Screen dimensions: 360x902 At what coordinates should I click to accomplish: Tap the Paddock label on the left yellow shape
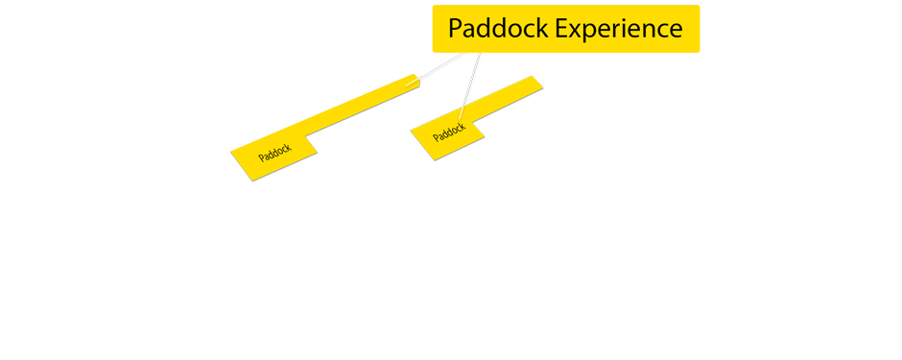[x=274, y=154]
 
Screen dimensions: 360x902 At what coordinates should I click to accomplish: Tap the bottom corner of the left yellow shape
[x=252, y=181]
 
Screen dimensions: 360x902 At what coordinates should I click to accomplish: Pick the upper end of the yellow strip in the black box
[x=535, y=79]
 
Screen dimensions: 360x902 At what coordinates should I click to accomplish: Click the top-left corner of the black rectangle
[x=411, y=77]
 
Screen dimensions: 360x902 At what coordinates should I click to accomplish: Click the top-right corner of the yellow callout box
[x=698, y=7]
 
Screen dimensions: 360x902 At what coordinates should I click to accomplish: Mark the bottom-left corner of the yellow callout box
[x=434, y=51]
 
